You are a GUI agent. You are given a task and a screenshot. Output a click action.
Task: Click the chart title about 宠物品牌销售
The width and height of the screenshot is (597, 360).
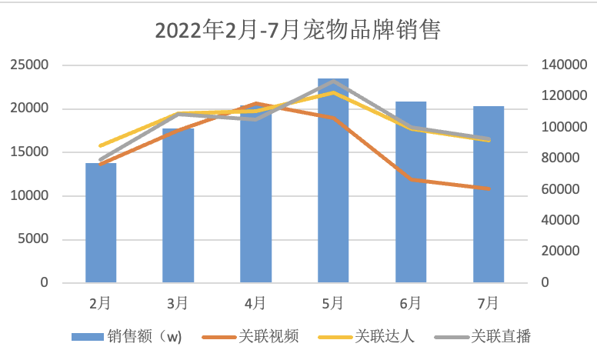(x=298, y=29)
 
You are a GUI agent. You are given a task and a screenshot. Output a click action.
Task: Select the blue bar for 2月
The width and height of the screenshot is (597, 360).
(x=101, y=223)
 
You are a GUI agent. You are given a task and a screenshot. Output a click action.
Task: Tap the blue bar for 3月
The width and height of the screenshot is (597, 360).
(x=178, y=206)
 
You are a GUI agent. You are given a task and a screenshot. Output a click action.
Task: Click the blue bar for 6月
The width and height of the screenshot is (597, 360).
(x=411, y=192)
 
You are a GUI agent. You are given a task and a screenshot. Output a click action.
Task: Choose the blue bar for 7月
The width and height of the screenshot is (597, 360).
(x=489, y=195)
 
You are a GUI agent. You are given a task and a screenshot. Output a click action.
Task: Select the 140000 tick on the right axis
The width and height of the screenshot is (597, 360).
(x=559, y=65)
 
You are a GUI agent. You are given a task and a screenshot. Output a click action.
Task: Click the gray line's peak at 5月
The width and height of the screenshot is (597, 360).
(x=333, y=81)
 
